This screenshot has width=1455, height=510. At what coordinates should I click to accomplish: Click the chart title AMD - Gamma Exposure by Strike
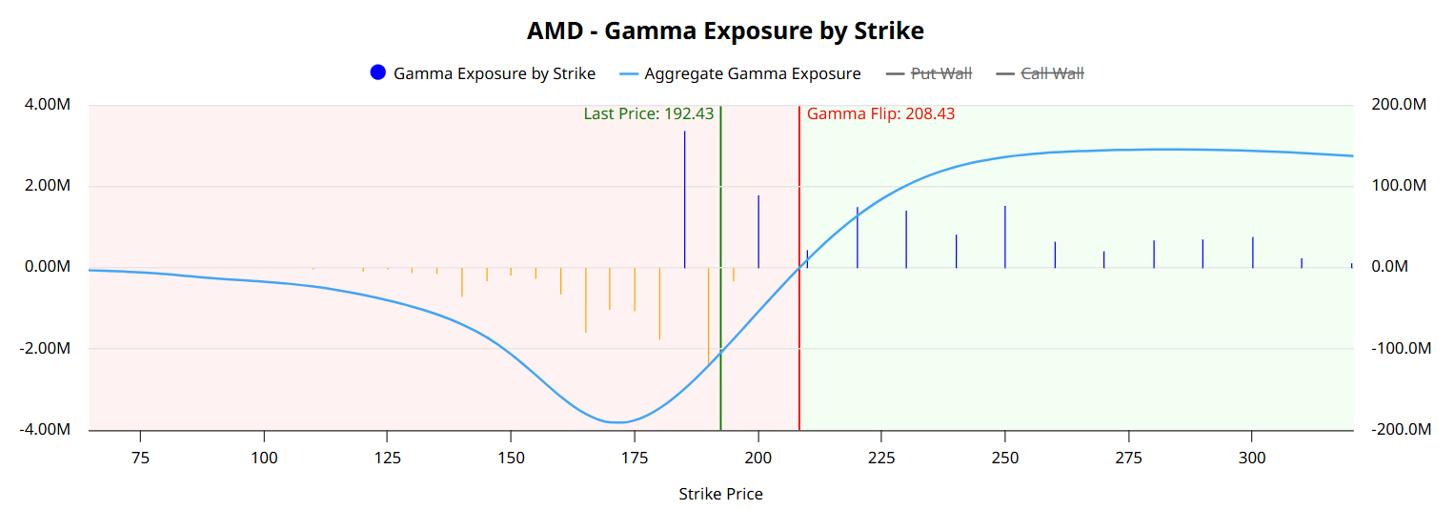pyautogui.click(x=725, y=31)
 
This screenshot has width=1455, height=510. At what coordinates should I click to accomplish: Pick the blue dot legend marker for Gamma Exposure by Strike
pyautogui.click(x=378, y=73)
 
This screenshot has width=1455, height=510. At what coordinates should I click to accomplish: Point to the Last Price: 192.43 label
pyautogui.click(x=648, y=113)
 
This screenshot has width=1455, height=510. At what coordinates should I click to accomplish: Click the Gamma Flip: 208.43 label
pyautogui.click(x=880, y=113)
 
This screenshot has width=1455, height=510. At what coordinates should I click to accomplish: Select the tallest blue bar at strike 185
pyautogui.click(x=684, y=200)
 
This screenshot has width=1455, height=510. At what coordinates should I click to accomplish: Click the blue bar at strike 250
pyautogui.click(x=1005, y=236)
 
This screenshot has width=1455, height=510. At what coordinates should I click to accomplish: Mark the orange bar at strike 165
pyautogui.click(x=585, y=299)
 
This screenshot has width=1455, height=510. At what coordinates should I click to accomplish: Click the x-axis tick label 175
pyautogui.click(x=635, y=458)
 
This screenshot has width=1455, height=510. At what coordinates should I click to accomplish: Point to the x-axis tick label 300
pyautogui.click(x=1252, y=458)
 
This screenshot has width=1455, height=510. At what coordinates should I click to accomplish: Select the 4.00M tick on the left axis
pyautogui.click(x=48, y=105)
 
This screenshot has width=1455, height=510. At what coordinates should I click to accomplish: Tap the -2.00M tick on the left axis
pyautogui.click(x=46, y=349)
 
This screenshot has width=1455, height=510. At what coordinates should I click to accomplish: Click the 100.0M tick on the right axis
pyautogui.click(x=1398, y=186)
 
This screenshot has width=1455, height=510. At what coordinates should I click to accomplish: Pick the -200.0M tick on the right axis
pyautogui.click(x=1401, y=430)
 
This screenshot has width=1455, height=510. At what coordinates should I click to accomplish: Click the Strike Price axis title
pyautogui.click(x=720, y=494)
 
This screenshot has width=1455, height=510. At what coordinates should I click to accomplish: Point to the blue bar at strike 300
pyautogui.click(x=1252, y=252)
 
